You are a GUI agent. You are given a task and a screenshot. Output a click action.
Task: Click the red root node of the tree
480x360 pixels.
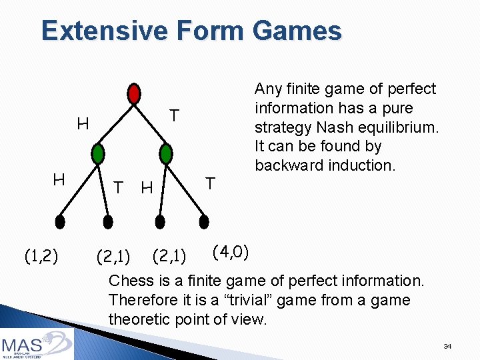[134, 93]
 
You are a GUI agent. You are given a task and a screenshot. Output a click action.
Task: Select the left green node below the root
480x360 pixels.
[99, 154]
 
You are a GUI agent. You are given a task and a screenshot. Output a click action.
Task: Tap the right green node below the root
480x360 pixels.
[167, 154]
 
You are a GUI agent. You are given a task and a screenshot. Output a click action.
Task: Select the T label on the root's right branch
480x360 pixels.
[173, 116]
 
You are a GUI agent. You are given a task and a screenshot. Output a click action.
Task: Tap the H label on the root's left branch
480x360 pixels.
[83, 123]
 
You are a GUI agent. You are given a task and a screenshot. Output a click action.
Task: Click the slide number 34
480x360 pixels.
[447, 347]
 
